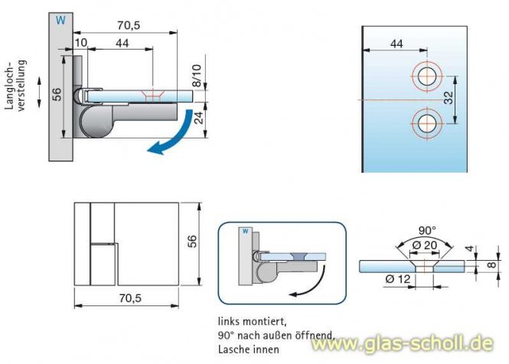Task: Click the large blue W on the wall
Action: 60,21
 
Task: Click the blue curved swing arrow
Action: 171,136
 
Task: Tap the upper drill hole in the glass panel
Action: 426,76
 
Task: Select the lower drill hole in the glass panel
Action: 426,121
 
